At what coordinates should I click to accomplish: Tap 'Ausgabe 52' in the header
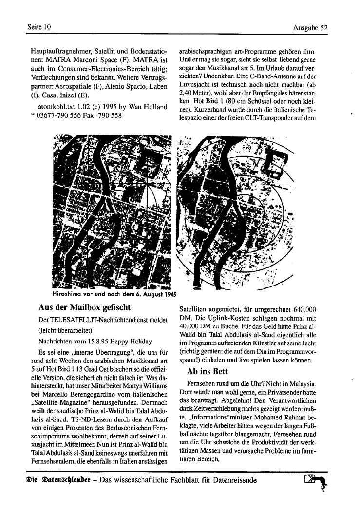[310, 28]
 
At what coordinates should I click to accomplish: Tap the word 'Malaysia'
[301, 384]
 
